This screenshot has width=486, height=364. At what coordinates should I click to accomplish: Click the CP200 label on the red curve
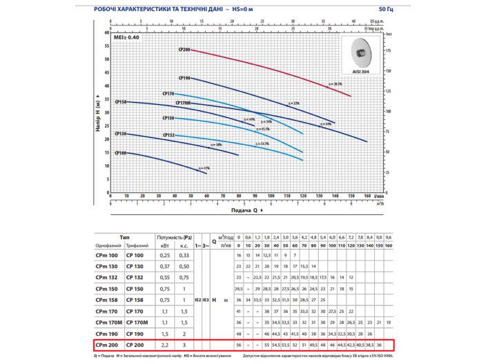tap(184, 50)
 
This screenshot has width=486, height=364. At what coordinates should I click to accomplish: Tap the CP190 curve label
tap(184, 78)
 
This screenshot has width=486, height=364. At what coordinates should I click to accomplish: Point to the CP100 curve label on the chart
tap(121, 152)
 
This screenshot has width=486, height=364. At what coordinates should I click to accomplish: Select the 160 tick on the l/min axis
tap(367, 196)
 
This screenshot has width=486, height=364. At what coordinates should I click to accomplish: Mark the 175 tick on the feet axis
tap(388, 50)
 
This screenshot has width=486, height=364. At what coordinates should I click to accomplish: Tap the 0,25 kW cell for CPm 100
tap(165, 255)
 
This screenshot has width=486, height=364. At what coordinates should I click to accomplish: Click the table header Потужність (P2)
tap(174, 236)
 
